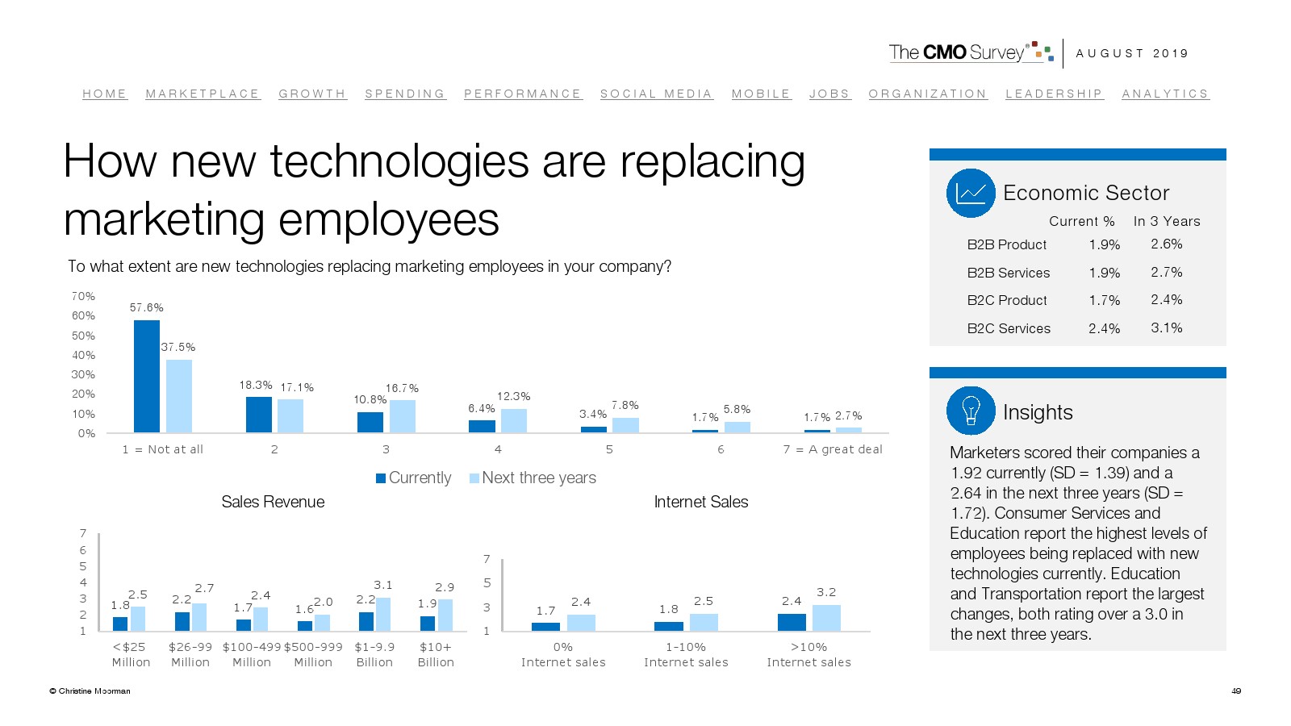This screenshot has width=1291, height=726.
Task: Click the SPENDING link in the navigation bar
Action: pyautogui.click(x=405, y=94)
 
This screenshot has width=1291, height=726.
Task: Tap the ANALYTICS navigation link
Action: pyautogui.click(x=1165, y=94)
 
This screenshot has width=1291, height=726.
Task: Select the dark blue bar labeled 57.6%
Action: pyautogui.click(x=147, y=376)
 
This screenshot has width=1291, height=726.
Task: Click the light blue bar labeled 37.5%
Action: pyautogui.click(x=179, y=395)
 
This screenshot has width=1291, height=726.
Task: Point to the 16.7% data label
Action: pyautogui.click(x=402, y=388)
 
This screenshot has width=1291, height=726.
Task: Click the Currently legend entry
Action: pyautogui.click(x=414, y=478)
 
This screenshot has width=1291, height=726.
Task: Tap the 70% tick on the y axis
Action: pyautogui.click(x=83, y=296)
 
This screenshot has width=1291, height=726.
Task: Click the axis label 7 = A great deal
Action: pyautogui.click(x=833, y=449)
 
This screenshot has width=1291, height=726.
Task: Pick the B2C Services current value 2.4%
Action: pyautogui.click(x=1104, y=328)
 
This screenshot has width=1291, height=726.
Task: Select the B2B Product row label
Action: pyautogui.click(x=1006, y=244)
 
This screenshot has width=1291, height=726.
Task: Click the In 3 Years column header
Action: pyautogui.click(x=1166, y=221)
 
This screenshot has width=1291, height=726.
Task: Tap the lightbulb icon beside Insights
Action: pyautogui.click(x=971, y=411)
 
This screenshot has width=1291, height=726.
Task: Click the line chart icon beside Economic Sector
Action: pyautogui.click(x=971, y=193)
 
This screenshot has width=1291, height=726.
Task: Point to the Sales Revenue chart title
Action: pyautogui.click(x=273, y=502)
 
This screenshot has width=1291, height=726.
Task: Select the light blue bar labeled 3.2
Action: pyautogui.click(x=826, y=617)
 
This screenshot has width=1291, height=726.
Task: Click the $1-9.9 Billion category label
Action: pyautogui.click(x=374, y=654)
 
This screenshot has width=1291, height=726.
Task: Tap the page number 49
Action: pyautogui.click(x=1236, y=691)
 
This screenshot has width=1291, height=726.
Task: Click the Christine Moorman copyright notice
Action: pyautogui.click(x=90, y=691)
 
